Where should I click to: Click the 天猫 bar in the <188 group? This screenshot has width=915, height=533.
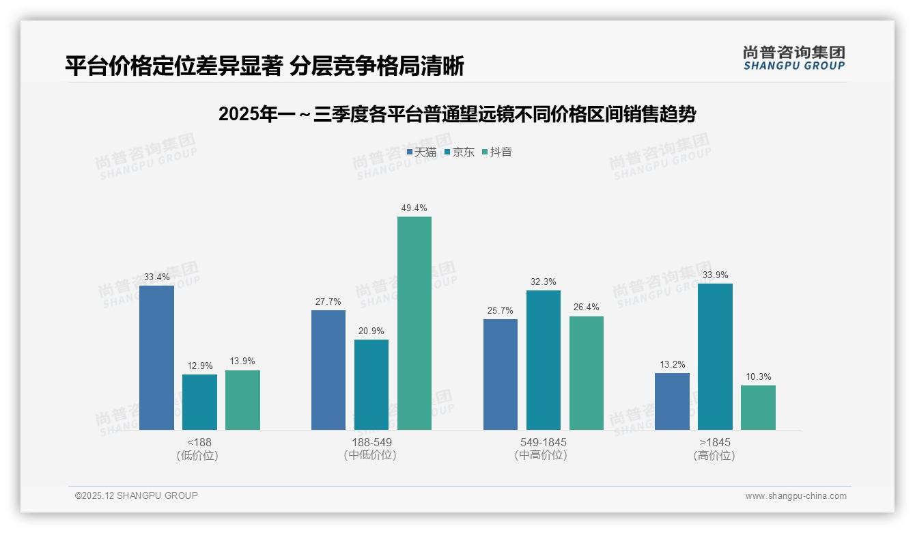tap(156, 357)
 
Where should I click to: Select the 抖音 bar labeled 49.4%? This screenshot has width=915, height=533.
tap(414, 323)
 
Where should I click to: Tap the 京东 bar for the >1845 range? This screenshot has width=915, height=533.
tap(715, 357)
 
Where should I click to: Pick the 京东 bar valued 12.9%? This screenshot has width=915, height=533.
tap(199, 402)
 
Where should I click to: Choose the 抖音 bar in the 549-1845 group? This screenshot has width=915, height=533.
tap(587, 373)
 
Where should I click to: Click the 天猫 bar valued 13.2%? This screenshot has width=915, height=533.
tap(672, 401)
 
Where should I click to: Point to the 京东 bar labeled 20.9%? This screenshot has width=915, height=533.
tap(371, 385)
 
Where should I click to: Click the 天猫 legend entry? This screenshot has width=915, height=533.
tap(421, 152)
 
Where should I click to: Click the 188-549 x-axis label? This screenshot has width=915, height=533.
tap(371, 442)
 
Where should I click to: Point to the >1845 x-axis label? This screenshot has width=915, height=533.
tap(715, 442)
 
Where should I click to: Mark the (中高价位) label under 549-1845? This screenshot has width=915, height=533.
tap(543, 455)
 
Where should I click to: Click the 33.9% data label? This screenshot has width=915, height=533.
tap(715, 275)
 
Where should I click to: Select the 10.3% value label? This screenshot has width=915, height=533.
tap(758, 377)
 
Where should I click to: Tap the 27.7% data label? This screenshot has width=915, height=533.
tap(328, 302)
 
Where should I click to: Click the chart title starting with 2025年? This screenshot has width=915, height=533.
tap(457, 115)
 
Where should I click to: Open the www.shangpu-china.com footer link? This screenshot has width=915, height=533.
tap(796, 496)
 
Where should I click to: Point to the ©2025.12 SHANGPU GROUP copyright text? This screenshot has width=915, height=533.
tap(137, 495)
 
